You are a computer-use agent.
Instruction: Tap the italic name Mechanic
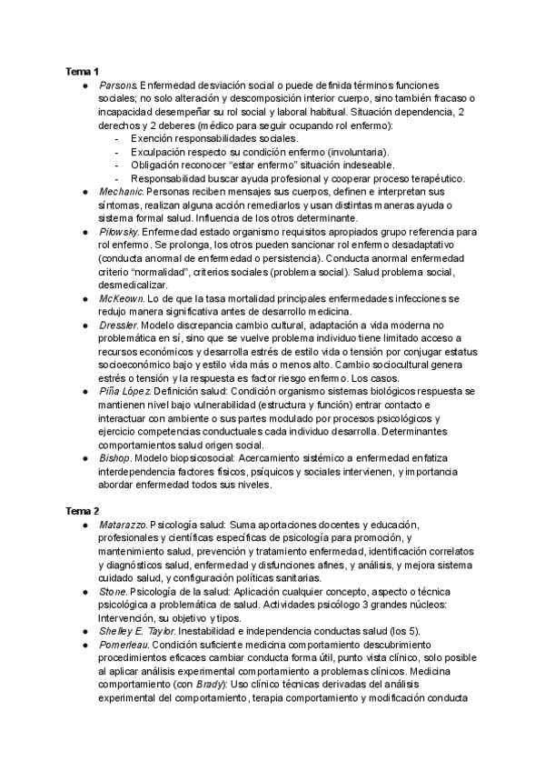coord(121,193)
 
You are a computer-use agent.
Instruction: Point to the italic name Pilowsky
coord(120,234)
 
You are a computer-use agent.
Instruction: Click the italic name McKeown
coord(121,298)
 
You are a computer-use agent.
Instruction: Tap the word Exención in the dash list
coord(152,138)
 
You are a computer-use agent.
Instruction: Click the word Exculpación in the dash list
coord(159,152)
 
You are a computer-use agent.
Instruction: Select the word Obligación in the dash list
coord(156,165)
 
